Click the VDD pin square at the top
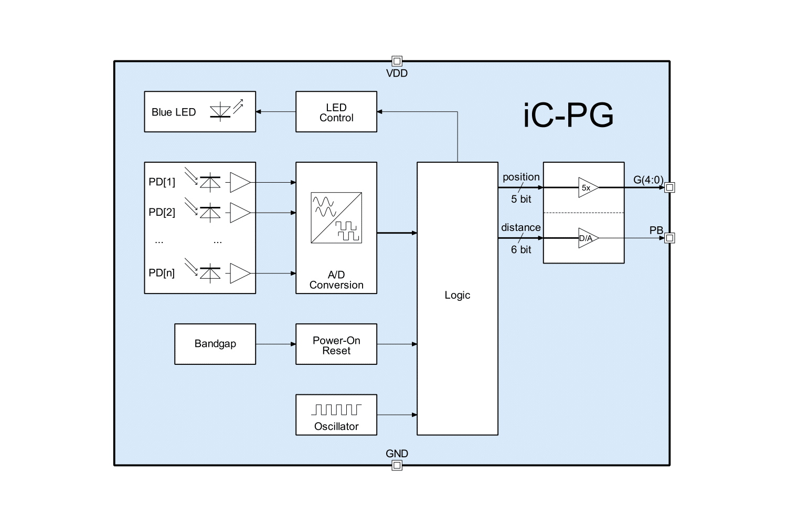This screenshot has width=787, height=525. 397,61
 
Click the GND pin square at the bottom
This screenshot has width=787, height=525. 397,465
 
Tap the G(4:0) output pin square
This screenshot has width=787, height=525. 669,187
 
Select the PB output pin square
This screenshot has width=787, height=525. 669,238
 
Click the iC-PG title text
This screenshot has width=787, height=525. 568,115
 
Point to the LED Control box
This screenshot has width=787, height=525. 336,112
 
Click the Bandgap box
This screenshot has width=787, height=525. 215,344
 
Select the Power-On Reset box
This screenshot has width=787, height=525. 336,344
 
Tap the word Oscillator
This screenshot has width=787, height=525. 336,426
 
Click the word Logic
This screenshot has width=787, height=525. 457,295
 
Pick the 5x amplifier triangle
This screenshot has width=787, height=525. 588,187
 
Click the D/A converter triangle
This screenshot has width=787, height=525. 588,238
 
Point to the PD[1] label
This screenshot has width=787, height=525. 162,182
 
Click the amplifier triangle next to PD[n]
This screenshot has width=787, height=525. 240,273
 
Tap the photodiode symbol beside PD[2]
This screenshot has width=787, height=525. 210,213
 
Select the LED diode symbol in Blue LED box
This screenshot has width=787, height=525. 220,112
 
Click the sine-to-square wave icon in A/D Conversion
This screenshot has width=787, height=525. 336,217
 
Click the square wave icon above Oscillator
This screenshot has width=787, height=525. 336,409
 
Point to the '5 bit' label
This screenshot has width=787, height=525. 521,199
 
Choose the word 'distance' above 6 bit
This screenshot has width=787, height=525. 520,227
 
